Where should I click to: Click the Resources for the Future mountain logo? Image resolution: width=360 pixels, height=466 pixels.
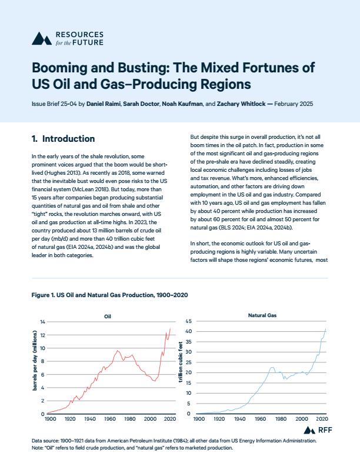click(42, 39)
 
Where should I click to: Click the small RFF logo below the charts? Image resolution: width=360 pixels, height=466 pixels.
click(318, 430)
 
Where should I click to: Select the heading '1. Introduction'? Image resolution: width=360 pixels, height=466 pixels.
click(64, 139)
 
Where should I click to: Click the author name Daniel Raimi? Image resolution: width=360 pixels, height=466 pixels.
click(104, 104)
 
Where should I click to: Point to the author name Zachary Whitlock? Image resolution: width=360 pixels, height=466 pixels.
click(241, 104)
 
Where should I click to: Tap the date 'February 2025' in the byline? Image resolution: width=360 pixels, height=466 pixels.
click(294, 104)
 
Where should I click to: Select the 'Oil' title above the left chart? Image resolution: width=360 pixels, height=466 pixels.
click(108, 317)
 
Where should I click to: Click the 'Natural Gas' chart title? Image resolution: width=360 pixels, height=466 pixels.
click(262, 315)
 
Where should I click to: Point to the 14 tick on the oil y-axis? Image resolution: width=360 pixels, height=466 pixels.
click(42, 322)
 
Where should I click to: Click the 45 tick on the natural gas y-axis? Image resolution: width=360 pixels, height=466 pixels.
click(189, 321)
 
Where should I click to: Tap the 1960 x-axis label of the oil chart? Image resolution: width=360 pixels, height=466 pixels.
click(110, 419)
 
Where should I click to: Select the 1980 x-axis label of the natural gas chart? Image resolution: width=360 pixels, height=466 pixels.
click(281, 419)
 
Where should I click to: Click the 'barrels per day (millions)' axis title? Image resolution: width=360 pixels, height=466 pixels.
click(35, 360)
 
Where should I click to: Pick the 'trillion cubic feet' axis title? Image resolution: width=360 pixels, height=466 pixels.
click(181, 362)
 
